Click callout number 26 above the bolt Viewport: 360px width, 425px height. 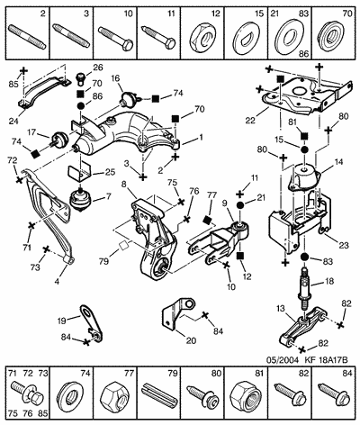tap(97, 68)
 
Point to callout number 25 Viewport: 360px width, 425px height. tap(110, 173)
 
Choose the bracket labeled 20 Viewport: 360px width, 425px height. tap(176, 313)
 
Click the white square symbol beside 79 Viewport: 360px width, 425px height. tap(123, 246)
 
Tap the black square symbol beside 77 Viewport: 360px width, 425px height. tap(206, 221)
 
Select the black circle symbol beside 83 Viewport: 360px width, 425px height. tap(304, 258)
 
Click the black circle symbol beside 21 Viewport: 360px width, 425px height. tap(240, 205)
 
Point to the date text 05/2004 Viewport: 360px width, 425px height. tap(283, 360)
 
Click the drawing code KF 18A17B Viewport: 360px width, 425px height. tap(327, 360)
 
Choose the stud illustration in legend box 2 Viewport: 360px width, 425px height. tap(28, 37)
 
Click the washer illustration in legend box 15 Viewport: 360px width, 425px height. tap(246, 38)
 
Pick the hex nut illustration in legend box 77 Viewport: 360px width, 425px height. tap(114, 397)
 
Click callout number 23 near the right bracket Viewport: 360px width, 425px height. tap(344, 245)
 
